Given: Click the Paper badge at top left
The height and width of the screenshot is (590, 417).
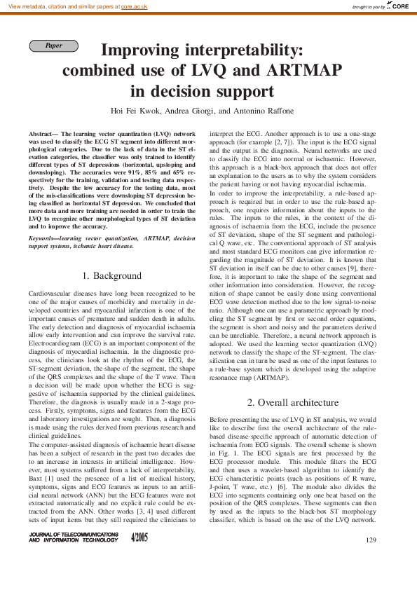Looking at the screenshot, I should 53,46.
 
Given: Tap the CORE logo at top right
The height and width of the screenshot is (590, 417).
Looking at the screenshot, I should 399,6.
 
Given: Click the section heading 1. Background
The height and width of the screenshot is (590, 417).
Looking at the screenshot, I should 111,276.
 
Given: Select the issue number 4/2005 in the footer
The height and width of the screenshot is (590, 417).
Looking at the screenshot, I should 139,537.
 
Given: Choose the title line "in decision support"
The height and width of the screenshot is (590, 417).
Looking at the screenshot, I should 203,91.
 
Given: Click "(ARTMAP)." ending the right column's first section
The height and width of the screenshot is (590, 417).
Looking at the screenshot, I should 273,377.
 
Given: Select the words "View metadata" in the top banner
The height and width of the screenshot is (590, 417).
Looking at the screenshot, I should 27,6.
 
